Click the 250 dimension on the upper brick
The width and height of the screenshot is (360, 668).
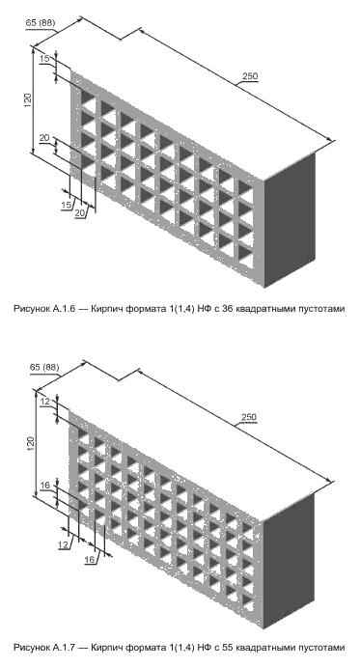250,76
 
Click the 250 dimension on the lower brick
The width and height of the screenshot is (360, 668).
248,417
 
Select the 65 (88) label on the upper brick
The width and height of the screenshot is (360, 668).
41,23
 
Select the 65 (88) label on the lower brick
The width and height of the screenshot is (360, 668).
44,367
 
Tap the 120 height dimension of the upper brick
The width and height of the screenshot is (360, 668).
28,100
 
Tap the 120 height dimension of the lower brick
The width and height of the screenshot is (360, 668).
30,444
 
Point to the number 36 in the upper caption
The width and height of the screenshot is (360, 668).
227,310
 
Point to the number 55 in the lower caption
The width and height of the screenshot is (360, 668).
227,648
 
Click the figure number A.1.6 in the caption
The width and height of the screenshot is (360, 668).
65,310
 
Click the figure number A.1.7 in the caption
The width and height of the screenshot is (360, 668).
65,648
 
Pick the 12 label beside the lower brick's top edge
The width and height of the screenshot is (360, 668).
45,401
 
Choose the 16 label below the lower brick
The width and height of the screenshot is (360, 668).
90,559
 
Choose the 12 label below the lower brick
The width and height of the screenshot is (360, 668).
64,543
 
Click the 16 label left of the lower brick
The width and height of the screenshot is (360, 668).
45,485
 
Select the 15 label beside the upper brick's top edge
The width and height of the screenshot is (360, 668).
44,58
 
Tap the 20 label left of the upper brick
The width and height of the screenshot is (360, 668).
44,138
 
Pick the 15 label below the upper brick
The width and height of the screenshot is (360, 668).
66,205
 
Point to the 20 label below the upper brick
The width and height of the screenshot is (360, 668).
80,213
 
